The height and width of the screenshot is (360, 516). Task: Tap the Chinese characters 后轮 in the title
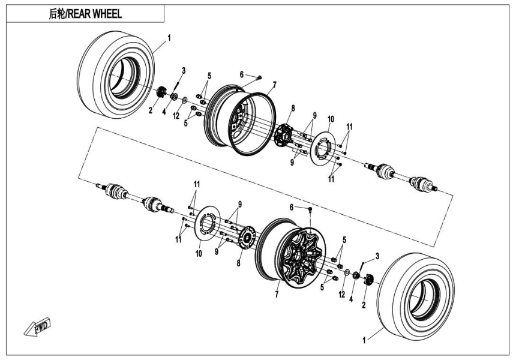tap(59, 14)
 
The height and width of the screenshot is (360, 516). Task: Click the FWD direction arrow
tap(39, 326)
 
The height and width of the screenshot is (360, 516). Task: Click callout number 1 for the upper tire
tap(169, 37)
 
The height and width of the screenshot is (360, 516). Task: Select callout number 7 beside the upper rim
tap(274, 85)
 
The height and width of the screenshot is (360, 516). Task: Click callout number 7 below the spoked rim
tap(277, 295)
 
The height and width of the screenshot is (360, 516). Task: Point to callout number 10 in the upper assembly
tap(331, 118)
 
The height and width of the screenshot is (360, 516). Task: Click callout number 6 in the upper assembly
tap(242, 74)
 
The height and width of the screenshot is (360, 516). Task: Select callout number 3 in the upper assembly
tap(184, 70)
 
